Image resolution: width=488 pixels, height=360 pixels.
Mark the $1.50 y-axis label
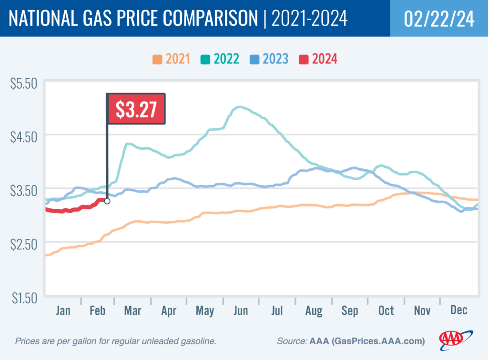click(x=23, y=298)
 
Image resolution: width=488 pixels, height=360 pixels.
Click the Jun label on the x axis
click(x=241, y=311)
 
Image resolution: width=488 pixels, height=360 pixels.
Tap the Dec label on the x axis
click(x=458, y=311)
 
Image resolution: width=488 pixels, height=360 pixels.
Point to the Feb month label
click(x=98, y=311)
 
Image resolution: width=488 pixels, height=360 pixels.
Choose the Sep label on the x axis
click(x=350, y=311)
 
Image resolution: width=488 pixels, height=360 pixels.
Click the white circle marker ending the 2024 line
click(x=107, y=201)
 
